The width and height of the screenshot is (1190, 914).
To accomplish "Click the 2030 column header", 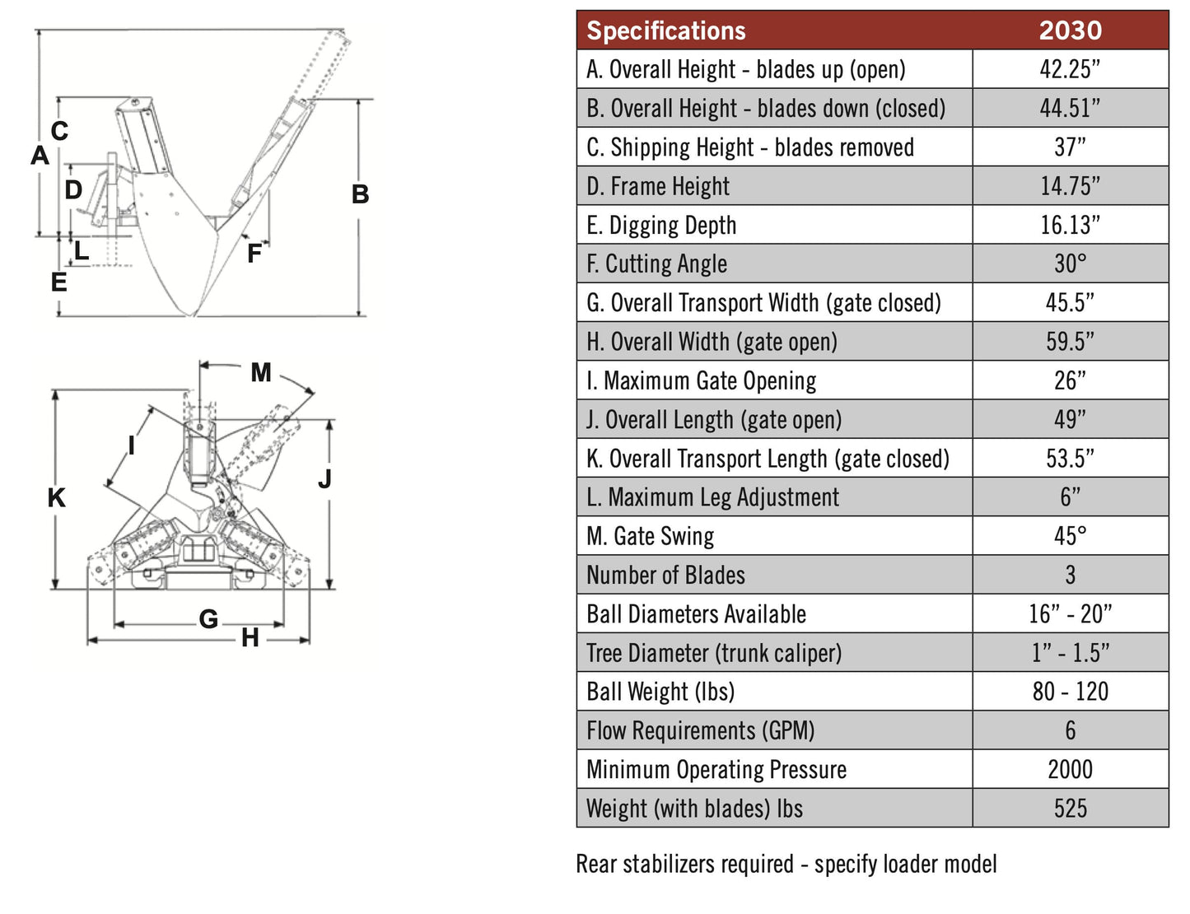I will point(1070,30).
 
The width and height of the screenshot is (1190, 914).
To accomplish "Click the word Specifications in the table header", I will point(665,30).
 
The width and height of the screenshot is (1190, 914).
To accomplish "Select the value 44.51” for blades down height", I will point(1070,108).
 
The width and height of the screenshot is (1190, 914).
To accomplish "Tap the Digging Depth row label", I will point(660,225).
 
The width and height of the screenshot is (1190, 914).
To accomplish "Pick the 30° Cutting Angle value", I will point(1070,263).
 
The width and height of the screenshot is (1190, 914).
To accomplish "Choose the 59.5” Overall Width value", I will point(1070,342).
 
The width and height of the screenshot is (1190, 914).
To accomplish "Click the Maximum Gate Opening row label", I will point(701,380).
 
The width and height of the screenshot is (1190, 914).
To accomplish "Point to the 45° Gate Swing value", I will point(1070,536).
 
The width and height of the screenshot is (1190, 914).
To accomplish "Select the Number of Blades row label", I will point(665,575).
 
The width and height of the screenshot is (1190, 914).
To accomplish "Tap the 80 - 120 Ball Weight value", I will point(1070,692).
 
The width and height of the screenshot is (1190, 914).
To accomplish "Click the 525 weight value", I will point(1070,809).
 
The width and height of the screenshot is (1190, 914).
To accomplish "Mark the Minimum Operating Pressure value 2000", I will point(1070,769).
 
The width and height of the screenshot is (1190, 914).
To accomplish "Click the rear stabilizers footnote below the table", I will point(786,864).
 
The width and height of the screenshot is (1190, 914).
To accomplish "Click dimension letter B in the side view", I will point(360,194).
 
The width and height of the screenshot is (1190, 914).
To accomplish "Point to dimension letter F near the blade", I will point(254,254).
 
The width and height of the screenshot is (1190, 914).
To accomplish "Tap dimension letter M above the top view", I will point(261,373).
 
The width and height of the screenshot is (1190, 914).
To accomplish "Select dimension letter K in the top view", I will point(56,497).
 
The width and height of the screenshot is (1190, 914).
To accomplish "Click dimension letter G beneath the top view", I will point(208,619).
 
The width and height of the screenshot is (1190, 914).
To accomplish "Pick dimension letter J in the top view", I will point(324,478).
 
